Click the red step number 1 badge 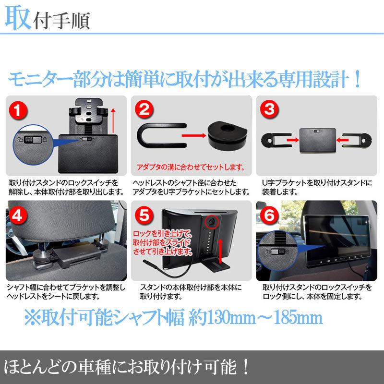[18, 111]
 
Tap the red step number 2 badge [144, 109]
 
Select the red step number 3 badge [269, 109]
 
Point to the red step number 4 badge [17, 216]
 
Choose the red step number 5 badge [144, 215]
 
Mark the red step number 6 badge [269, 215]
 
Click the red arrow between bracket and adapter [194, 135]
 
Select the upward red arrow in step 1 [113, 121]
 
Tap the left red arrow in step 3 [293, 140]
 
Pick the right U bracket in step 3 [357, 140]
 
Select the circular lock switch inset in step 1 [33, 145]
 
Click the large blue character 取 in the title [18, 18]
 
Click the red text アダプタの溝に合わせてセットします [191, 167]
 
